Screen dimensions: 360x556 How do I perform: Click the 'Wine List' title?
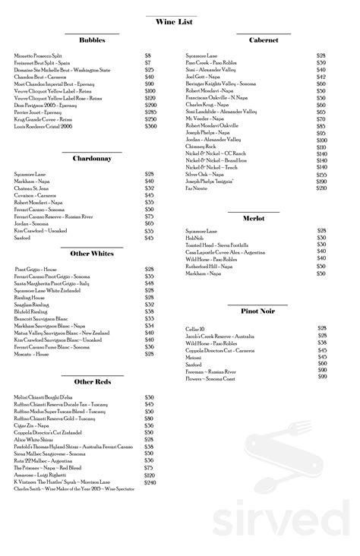coord(179,25)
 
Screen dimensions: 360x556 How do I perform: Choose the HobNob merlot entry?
coord(195,237)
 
